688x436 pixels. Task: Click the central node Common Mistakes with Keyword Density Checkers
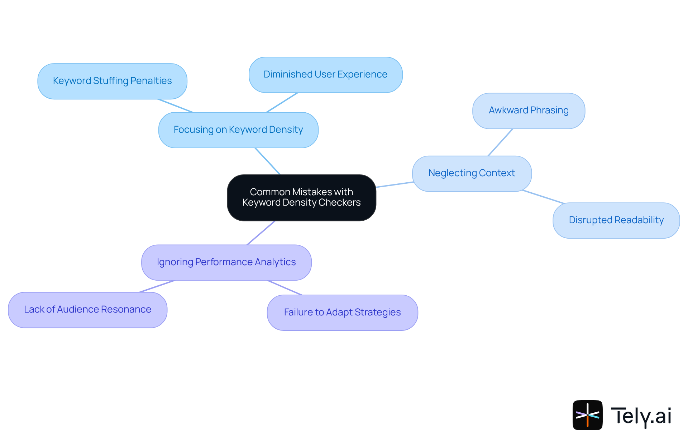tap(301, 197)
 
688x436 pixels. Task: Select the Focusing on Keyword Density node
tap(238, 130)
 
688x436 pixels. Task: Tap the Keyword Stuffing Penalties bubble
tap(112, 81)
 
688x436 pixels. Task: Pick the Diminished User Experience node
tap(325, 75)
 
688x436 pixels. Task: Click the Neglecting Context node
tap(472, 173)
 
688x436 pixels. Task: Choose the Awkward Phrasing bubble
tap(529, 111)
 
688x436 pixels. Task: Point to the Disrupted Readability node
tap(616, 220)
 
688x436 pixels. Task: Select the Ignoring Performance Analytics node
tap(226, 262)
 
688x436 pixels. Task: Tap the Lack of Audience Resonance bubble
tap(87, 310)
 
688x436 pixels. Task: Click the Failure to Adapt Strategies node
tap(342, 313)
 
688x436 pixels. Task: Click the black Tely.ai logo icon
tap(587, 415)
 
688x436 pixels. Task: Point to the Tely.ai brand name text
tap(641, 416)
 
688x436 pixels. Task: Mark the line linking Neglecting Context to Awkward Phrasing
tap(501, 142)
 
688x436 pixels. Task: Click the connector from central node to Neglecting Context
tap(395, 184)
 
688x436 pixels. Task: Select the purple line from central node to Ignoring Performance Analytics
tap(261, 233)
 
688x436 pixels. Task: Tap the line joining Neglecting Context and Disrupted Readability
tap(543, 197)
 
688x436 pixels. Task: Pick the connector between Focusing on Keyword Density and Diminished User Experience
tap(282, 102)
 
